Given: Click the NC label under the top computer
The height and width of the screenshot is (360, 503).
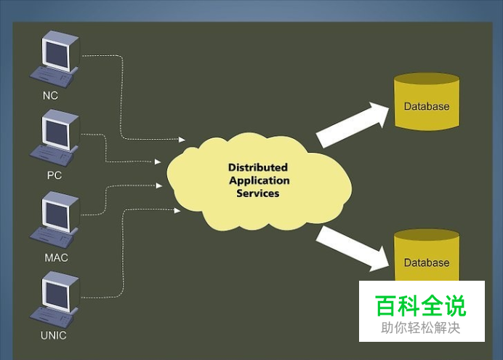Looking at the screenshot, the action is [50, 95].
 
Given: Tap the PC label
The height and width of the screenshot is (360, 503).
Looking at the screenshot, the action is [55, 175].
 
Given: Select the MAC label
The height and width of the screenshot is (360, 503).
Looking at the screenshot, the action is [56, 257].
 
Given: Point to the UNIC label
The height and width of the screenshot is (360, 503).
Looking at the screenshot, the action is [54, 335].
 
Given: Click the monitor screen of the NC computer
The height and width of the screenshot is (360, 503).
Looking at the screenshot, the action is [57, 54].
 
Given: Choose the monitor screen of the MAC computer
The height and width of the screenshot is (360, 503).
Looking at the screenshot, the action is [57, 215].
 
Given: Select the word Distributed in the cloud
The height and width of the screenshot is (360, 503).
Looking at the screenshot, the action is [258, 167].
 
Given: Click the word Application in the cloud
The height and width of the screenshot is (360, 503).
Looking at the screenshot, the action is [259, 180].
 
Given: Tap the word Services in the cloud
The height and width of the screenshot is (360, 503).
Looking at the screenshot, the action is [258, 193].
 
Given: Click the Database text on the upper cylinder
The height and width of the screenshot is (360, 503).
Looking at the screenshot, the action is [427, 106].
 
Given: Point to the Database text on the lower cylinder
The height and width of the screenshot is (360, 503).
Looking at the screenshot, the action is [427, 263].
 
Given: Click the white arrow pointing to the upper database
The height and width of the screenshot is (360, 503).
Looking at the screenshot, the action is [353, 124].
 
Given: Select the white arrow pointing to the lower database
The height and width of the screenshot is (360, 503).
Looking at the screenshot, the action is [353, 249].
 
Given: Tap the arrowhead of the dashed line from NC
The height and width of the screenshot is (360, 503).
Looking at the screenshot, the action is [182, 140].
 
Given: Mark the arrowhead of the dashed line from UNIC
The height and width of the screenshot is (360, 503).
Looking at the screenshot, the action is [177, 210].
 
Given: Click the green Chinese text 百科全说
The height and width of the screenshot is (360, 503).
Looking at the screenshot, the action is [420, 305].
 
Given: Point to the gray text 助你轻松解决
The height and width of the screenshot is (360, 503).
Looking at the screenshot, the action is [421, 328].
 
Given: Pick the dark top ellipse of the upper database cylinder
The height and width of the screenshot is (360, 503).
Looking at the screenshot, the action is [427, 79].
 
